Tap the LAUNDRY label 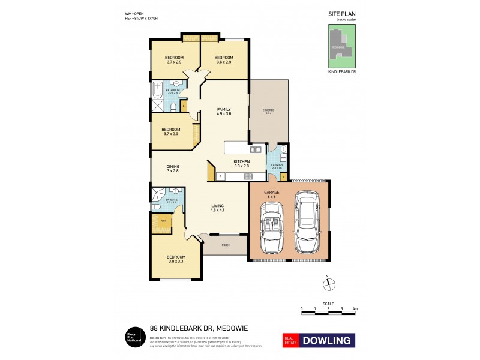[277, 166]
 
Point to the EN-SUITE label [172, 200]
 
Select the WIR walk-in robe [163, 221]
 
